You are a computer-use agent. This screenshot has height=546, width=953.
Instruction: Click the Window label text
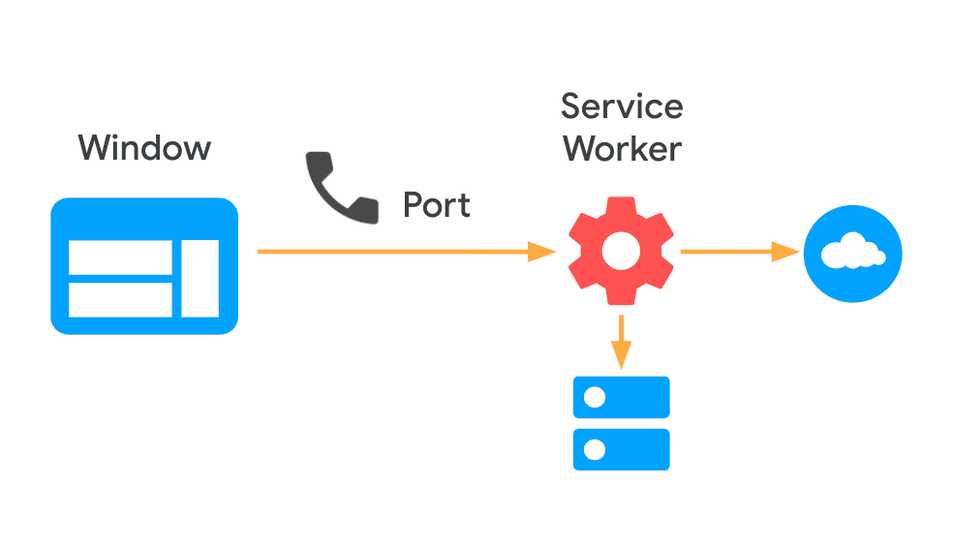[x=144, y=148]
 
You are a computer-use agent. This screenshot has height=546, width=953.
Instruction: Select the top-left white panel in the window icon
[x=120, y=257]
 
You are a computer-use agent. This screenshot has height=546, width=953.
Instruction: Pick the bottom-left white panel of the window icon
[x=120, y=299]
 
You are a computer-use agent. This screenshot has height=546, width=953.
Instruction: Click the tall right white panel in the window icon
[x=200, y=278]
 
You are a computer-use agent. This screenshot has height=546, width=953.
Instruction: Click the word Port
[x=437, y=205]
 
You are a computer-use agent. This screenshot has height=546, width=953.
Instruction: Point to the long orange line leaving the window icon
[x=387, y=253]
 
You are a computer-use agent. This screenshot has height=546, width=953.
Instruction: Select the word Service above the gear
[x=622, y=106]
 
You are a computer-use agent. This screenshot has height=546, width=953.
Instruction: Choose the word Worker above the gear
[x=622, y=149]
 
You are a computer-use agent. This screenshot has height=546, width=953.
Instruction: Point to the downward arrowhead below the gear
[x=620, y=357]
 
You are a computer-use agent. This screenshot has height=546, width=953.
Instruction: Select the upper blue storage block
[x=621, y=397]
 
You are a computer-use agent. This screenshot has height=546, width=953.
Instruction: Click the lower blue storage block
[x=621, y=449]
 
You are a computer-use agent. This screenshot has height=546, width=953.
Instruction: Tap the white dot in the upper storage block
[x=595, y=397]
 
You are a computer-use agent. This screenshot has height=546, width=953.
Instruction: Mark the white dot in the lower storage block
[x=595, y=449]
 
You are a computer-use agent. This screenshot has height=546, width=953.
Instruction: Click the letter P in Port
[x=413, y=205]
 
